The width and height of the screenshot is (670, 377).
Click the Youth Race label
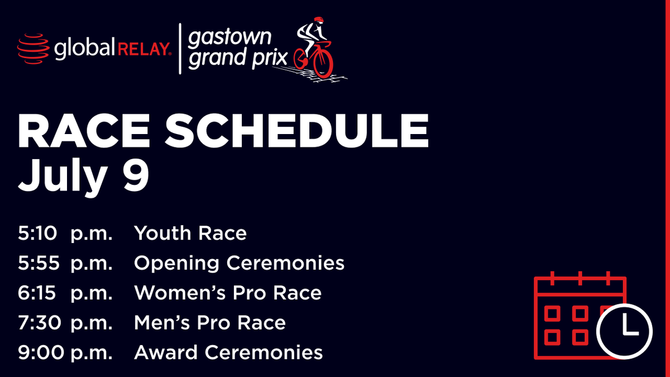point(190,233)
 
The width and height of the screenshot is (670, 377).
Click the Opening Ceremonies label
point(239,263)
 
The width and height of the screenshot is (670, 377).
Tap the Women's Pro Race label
point(227,293)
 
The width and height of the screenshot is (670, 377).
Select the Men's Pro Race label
point(209,323)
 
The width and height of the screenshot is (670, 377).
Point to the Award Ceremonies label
point(228,352)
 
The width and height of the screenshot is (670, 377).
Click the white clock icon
point(625,330)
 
